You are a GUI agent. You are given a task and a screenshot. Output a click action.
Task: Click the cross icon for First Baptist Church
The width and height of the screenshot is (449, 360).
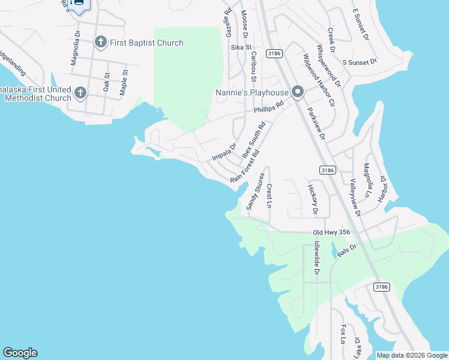coord(101,42)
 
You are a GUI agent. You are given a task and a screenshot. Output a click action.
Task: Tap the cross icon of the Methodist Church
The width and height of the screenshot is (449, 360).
coord(80,93)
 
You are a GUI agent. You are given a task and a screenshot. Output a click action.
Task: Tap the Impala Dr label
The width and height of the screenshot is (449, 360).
coord(224,152)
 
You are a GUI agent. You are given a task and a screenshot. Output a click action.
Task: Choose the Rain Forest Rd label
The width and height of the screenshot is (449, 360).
coord(245,167)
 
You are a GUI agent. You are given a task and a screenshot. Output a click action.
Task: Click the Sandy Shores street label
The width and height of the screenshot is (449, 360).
coord(255,191)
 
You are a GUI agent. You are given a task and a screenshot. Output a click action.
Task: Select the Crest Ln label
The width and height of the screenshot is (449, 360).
coord(270,196)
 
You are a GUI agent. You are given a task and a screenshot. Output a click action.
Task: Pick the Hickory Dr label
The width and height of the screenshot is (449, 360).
coord(313,200)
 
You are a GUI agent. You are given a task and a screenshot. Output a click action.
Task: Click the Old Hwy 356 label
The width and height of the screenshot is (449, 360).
coord(331,232)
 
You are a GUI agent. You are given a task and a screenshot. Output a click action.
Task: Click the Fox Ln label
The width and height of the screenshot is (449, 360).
coord(343,334)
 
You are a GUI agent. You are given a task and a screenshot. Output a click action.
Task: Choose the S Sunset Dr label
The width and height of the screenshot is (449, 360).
coord(359,62)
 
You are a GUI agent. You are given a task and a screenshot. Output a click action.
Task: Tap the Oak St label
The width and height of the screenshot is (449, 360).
coord(107,82)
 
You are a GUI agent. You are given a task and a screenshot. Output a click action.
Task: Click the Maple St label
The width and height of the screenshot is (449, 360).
coord(124,83)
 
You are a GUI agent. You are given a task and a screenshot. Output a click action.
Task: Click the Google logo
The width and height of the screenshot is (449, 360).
coord(20,353)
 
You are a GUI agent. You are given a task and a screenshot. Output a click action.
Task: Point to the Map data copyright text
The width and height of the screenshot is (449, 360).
coord(412,355)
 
